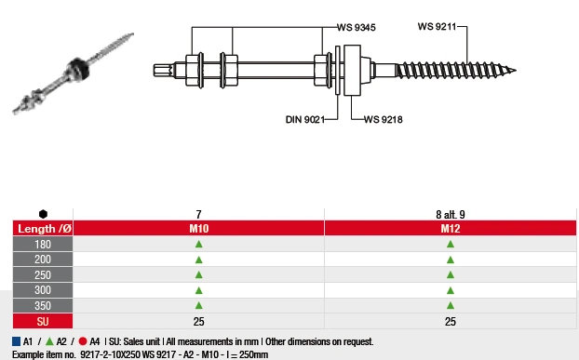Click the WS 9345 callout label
tap(356, 27)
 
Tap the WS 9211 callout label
tap(437, 27)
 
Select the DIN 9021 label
tap(305, 119)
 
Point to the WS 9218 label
tap(384, 119)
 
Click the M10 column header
tap(198, 228)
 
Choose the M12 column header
tap(451, 228)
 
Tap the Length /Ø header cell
tap(43, 228)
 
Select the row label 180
tap(43, 244)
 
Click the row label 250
tap(43, 274)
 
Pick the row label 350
tap(43, 305)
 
